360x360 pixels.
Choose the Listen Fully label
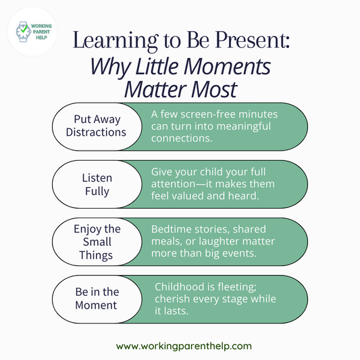[96, 184]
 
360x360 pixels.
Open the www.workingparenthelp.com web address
[184, 346]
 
